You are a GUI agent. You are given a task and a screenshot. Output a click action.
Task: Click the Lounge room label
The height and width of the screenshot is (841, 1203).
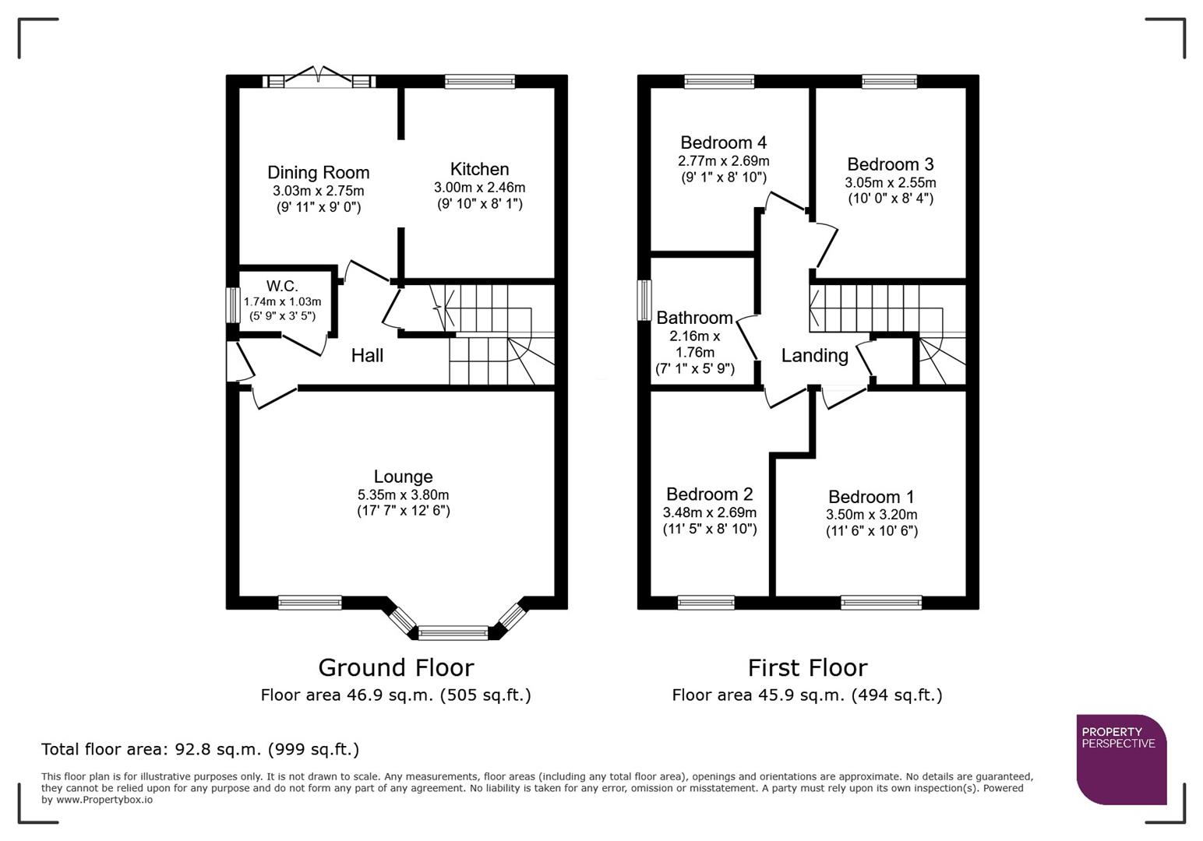coord(403,477)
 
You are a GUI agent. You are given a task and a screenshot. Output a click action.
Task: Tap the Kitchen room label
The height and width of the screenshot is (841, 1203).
coord(479,169)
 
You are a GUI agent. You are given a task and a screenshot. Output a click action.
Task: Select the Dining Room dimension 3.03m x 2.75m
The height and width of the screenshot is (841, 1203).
coord(318,191)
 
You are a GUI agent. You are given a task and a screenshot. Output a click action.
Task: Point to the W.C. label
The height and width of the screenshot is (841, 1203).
coord(282,286)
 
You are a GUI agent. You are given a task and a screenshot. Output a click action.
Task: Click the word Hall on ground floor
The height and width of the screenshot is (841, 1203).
coord(367,356)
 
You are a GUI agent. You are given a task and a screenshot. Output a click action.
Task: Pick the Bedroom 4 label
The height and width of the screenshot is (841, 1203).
coord(723,143)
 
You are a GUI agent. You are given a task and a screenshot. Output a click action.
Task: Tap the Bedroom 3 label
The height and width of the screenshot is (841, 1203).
coord(890,164)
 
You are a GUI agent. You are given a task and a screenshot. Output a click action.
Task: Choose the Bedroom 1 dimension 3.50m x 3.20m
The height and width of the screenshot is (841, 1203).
coord(871,515)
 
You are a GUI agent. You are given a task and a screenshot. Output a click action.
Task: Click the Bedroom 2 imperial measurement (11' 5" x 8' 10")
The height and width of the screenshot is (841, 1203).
coord(709,529)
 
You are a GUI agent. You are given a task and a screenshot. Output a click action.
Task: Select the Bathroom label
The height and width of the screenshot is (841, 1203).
coord(694,318)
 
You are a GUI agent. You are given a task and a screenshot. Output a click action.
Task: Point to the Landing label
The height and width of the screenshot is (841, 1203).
coord(814,356)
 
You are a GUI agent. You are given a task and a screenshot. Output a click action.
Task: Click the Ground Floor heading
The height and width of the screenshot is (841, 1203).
coord(396,667)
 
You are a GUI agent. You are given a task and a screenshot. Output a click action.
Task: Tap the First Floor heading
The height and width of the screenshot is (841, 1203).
coord(807,667)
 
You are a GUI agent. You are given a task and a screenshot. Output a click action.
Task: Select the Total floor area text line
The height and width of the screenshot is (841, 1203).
coord(200,749)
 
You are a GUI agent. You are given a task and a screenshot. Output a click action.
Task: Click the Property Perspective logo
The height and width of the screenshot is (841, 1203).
coord(1121,759)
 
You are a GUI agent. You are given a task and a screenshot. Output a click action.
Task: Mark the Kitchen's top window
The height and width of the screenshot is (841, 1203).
coord(480,81)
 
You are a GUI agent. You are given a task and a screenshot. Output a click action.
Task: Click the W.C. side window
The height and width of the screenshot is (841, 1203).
coord(232,305)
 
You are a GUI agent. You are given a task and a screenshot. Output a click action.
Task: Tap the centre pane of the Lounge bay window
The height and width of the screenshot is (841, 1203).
coord(453,632)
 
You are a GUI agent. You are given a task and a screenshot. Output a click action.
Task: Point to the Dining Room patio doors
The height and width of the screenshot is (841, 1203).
coord(319,80)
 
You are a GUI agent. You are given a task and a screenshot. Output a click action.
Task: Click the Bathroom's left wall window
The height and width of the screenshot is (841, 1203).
coord(644,300)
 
